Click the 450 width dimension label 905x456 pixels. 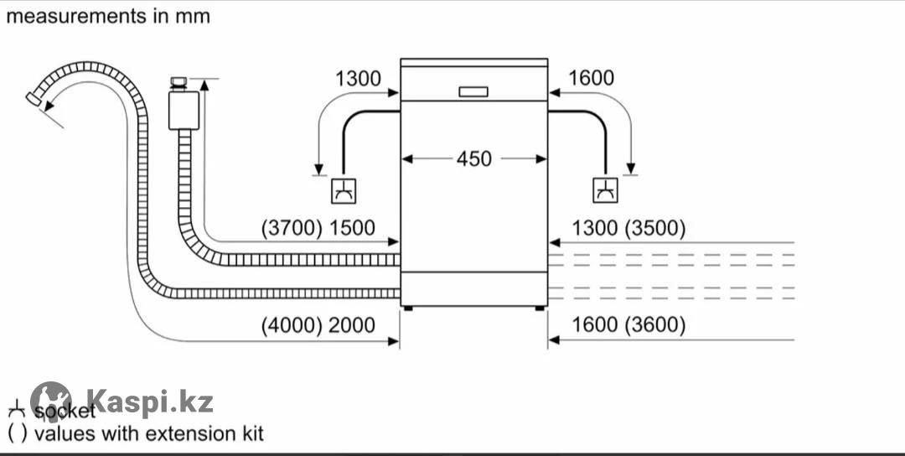[x=474, y=158]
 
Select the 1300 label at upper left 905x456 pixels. [x=358, y=79]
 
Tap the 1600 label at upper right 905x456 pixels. [x=591, y=79]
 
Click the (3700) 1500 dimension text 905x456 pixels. [x=318, y=228]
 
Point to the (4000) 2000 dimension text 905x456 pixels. [x=318, y=325]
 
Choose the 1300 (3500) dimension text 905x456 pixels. [x=628, y=228]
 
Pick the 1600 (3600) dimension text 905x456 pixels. [x=628, y=325]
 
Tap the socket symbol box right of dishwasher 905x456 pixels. [x=604, y=191]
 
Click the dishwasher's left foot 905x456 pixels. [x=406, y=308]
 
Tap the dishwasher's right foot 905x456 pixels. [x=540, y=308]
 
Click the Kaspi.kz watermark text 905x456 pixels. [x=150, y=402]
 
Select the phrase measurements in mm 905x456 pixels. [x=108, y=16]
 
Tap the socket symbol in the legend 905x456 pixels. [x=16, y=411]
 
